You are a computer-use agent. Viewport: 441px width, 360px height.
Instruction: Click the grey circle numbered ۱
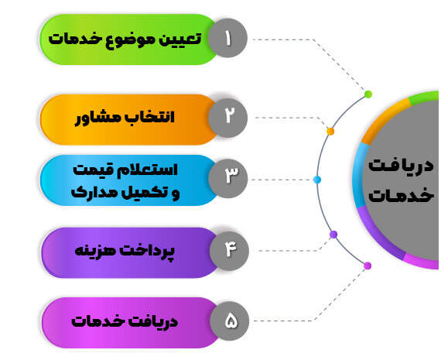(227, 38)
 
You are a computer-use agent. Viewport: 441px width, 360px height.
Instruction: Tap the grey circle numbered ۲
(227, 118)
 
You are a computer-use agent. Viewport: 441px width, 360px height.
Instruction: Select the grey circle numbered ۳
(227, 179)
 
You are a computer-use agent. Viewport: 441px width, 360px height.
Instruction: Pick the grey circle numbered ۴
(229, 251)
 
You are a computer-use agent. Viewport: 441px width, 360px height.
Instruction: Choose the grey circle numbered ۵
(229, 321)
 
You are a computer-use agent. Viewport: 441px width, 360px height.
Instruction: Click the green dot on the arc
(368, 94)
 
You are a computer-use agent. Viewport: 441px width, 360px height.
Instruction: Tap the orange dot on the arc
(330, 131)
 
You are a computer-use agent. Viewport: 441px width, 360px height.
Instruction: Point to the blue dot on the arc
(317, 180)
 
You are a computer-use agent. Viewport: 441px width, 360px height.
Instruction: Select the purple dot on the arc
(333, 234)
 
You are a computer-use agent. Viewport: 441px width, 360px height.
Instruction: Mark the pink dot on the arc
(367, 266)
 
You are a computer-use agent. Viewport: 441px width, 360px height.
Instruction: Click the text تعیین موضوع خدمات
(125, 39)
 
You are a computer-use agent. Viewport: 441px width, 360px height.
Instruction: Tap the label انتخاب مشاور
(125, 118)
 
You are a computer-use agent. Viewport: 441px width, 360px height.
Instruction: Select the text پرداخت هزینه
(125, 250)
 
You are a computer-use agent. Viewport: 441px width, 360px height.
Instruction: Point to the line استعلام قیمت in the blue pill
(125, 170)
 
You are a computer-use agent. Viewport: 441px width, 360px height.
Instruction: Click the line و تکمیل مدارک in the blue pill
(125, 193)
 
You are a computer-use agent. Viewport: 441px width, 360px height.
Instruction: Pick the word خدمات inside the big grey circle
(401, 195)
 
